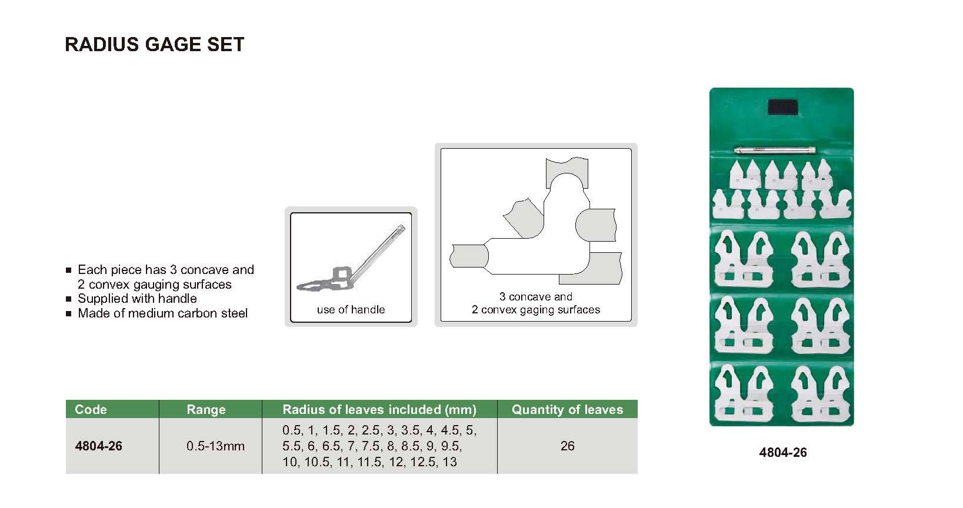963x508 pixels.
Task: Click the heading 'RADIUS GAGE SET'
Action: click(154, 44)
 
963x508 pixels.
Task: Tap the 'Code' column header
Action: click(91, 409)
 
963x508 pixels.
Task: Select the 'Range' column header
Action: click(206, 410)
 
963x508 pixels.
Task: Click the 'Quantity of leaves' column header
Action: click(567, 410)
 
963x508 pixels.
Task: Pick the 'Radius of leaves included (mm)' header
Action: click(379, 410)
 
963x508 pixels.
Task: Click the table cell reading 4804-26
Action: click(98, 446)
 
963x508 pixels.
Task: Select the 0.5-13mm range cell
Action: click(215, 446)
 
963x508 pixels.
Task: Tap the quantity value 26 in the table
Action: click(568, 446)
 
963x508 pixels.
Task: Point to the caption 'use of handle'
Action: click(351, 309)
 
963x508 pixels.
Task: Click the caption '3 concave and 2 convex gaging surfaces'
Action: click(536, 303)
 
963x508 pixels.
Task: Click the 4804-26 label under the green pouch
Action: click(783, 452)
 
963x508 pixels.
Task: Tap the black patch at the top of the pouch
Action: click(783, 108)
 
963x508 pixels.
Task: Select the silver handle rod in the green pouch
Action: click(774, 151)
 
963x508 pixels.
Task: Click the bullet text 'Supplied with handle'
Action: click(137, 298)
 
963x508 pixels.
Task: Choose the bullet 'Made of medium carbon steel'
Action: click(162, 313)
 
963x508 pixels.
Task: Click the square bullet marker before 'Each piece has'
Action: click(68, 270)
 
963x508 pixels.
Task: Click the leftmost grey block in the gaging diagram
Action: click(469, 256)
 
